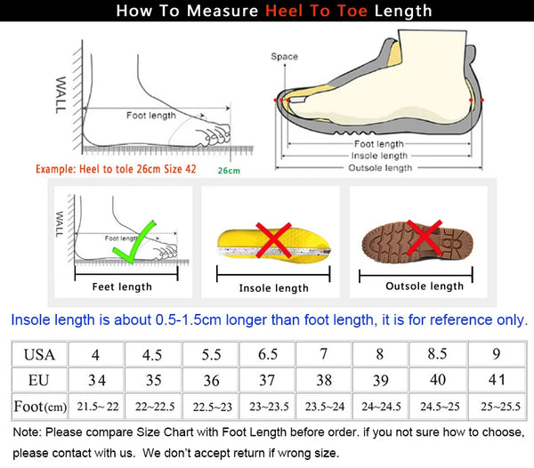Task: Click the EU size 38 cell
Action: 324,380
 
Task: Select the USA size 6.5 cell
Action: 267,354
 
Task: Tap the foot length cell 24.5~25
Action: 440,406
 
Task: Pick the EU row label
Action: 39,380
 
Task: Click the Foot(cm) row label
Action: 40,407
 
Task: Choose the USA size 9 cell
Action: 497,354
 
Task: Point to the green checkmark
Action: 134,242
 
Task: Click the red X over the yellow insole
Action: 273,240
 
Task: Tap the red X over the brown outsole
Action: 425,238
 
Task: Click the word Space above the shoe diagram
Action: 285,57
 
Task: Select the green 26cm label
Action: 229,171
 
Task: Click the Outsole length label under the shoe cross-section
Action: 380,168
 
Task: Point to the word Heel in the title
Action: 284,11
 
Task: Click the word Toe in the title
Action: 352,11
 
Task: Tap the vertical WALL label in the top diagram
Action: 61,95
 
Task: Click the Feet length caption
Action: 122,286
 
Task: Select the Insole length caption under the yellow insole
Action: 274,288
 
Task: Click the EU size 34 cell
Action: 97,380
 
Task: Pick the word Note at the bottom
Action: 27,432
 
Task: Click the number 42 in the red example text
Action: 190,169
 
